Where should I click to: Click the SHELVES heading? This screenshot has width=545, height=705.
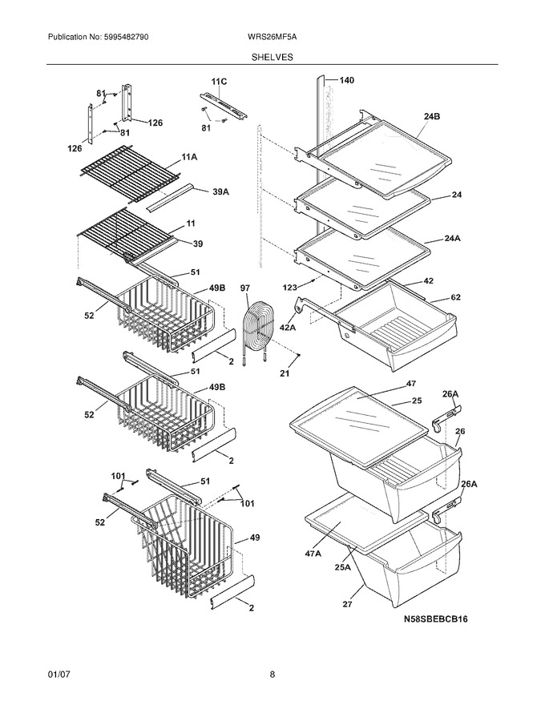272,57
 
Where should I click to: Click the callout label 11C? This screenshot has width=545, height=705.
219,82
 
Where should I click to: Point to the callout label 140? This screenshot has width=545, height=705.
346,80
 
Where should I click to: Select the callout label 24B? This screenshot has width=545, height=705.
432,116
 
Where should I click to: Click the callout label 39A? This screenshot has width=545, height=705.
220,192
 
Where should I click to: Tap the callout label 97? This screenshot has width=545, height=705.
245,288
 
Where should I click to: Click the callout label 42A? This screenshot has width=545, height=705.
288,328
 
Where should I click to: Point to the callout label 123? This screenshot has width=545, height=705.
290,287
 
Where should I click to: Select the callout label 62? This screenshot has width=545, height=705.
455,297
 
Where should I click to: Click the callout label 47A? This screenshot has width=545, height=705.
313,554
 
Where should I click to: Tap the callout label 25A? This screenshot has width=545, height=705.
342,567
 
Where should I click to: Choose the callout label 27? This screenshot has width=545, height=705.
347,604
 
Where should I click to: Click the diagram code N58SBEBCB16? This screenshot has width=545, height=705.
435,619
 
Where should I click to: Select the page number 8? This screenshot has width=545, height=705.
272,675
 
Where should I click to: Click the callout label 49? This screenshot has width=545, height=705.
255,538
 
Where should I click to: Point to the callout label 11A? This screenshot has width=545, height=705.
189,157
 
